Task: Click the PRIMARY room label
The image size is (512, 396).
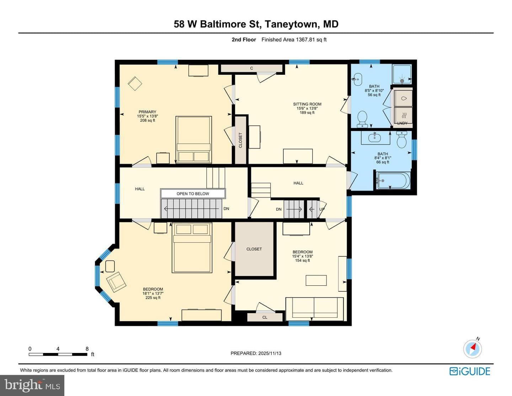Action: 147,112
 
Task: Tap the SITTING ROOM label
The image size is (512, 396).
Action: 307,104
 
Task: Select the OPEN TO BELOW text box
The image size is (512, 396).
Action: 193,194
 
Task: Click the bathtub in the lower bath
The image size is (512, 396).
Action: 393,180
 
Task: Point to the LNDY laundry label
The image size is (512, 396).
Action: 402,123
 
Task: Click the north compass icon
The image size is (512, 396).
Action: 473,349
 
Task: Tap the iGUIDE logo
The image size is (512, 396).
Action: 470,371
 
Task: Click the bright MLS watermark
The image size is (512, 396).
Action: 32,385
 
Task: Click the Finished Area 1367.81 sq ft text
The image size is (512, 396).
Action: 294,39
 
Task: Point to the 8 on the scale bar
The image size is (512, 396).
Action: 87,349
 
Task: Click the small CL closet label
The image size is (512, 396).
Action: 265,317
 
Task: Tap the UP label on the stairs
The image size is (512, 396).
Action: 322,209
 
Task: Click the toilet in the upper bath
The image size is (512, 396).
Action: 362,119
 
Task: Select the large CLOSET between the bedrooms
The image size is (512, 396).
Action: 254,249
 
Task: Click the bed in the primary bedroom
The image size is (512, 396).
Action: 193,139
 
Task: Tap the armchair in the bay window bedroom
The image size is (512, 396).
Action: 116,282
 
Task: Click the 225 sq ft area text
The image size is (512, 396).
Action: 153,298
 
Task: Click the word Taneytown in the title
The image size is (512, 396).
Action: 292,24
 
